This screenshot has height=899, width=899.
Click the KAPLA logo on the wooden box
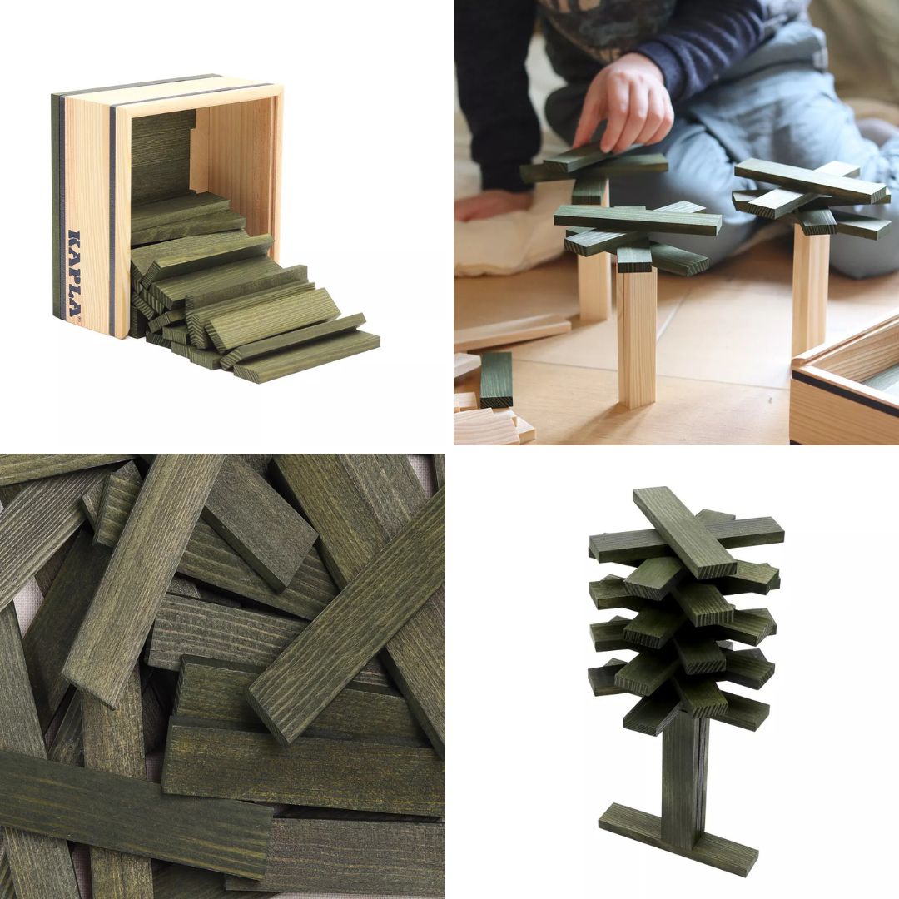tap(75, 274)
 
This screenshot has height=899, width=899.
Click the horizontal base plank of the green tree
tap(678, 832)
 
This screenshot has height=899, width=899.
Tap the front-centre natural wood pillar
tap(636, 338)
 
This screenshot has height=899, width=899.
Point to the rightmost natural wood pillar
tap(810, 292)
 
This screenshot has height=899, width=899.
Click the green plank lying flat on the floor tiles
tap(496, 380)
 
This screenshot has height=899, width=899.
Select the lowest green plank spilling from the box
tap(306, 356)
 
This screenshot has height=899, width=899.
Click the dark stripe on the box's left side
tap(57, 212)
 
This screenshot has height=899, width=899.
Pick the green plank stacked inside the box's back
tap(162, 156)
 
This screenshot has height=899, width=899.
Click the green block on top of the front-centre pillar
tap(634, 259)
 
